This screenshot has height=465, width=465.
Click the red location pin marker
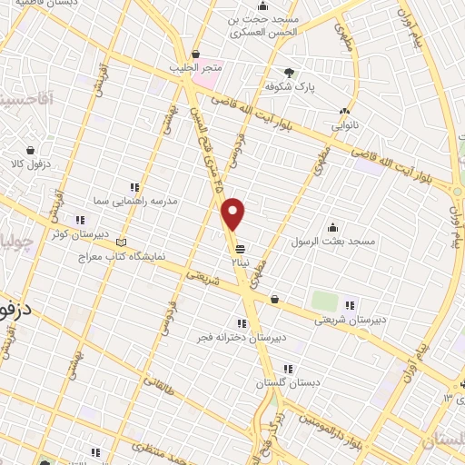pos(233,213)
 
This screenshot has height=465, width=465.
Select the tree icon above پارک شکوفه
pos(289,72)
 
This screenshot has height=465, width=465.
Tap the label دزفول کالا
pos(30,164)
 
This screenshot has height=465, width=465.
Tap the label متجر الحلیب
pos(195,68)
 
